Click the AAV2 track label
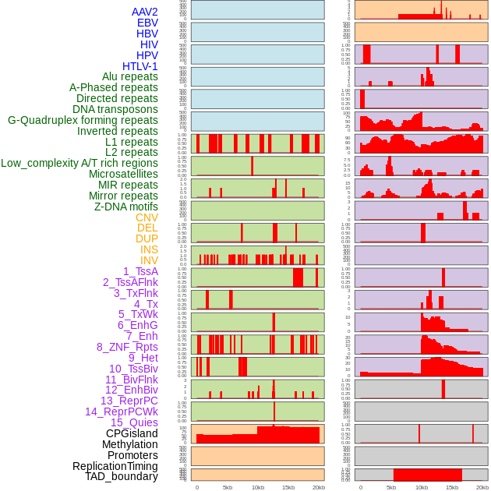tap(145, 12)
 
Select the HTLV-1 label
tap(140, 66)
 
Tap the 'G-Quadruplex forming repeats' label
tap(83, 120)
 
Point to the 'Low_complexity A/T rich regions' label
tap(79, 163)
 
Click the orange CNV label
tap(147, 217)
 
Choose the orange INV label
tap(149, 260)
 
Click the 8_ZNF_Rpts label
tap(127, 347)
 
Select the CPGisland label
tap(132, 433)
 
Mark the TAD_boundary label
tap(122, 476)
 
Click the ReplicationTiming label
tap(115, 466)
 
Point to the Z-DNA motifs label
tap(126, 207)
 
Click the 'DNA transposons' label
tap(115, 109)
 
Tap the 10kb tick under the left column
tap(258, 487)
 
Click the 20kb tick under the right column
tap(482, 487)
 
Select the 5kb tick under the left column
tap(228, 487)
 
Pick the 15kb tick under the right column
tap(452, 487)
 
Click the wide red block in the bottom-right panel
tap(428, 475)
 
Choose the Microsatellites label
tap(123, 174)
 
